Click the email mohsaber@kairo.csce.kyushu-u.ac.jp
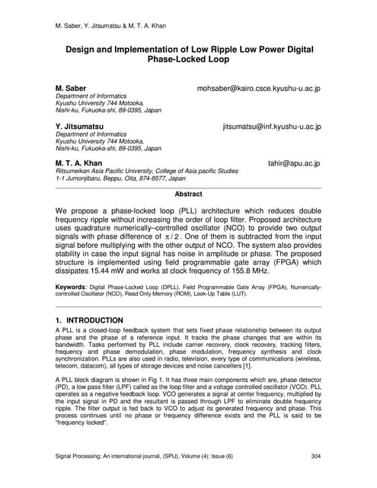click(x=259, y=88)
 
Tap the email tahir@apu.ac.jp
click(x=294, y=163)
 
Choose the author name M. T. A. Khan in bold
click(x=78, y=163)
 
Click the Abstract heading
click(x=188, y=194)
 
